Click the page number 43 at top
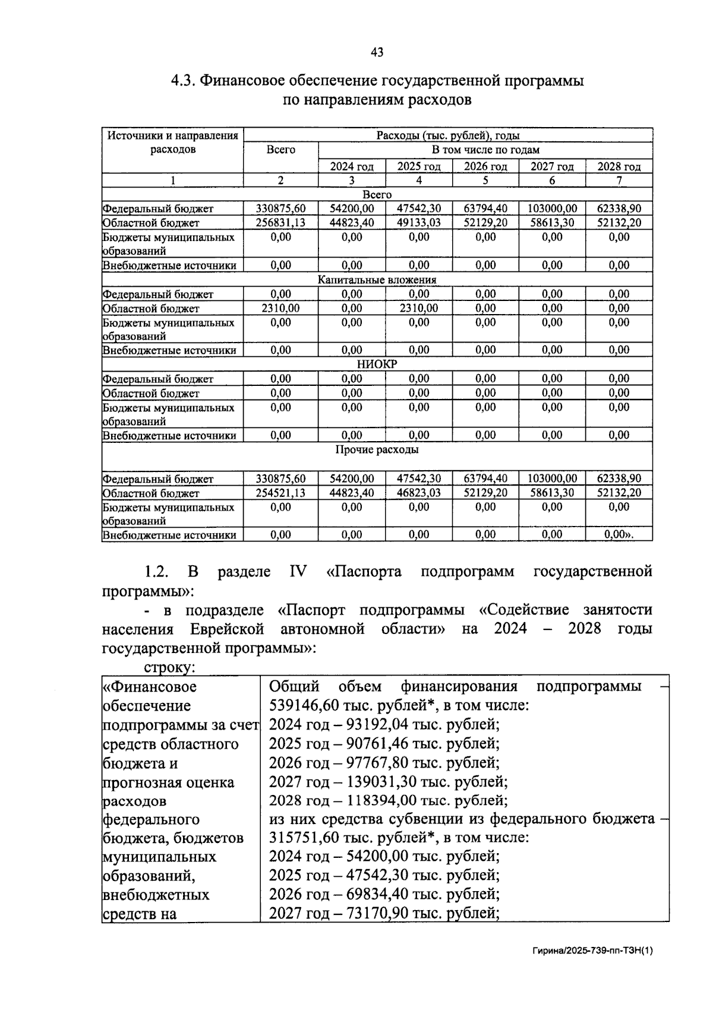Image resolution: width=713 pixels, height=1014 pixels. (377, 52)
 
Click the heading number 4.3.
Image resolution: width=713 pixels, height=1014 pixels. (182, 81)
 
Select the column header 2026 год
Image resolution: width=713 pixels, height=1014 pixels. (485, 167)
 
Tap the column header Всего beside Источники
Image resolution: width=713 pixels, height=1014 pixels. (280, 150)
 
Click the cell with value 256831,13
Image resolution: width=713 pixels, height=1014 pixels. (280, 223)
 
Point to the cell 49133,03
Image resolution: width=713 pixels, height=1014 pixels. (419, 223)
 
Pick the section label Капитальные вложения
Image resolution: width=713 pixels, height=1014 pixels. (377, 280)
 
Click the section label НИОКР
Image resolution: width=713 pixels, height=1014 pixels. (377, 365)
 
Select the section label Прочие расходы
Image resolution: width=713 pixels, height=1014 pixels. (377, 450)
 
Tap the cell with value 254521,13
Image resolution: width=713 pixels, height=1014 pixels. (280, 493)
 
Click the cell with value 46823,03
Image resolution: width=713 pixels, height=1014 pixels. (419, 493)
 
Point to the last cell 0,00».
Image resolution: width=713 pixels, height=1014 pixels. (619, 535)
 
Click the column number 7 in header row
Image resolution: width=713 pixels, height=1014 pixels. (619, 180)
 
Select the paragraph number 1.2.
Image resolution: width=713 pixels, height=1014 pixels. (157, 572)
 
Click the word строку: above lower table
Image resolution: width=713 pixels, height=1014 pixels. (169, 667)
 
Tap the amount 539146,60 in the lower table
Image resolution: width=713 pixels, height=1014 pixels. (302, 706)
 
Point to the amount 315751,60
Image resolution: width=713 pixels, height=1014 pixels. (302, 838)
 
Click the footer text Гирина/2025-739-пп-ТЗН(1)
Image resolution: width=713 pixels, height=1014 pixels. (592, 950)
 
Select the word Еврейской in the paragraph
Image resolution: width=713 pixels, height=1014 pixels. (227, 629)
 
